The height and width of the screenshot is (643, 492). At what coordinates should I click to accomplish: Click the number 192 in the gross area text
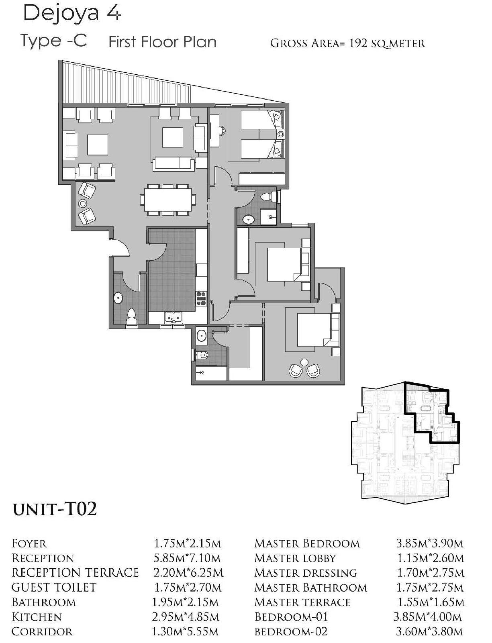358,43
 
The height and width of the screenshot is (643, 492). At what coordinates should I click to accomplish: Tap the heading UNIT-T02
55,509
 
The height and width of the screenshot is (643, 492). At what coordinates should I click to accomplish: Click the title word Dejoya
60,14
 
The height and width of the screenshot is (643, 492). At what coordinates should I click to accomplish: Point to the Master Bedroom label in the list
307,544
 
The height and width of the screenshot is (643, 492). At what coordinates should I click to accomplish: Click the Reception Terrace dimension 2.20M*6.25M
188,573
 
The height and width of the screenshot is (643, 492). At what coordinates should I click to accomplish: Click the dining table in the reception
168,200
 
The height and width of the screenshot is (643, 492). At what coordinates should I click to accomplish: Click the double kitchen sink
174,318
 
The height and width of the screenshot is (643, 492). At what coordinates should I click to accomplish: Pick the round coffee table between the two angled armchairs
83,203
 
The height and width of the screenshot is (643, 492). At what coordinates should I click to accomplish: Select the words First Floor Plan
163,42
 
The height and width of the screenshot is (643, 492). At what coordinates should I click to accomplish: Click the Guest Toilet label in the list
54,587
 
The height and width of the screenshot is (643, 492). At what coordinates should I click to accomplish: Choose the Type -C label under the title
54,41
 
